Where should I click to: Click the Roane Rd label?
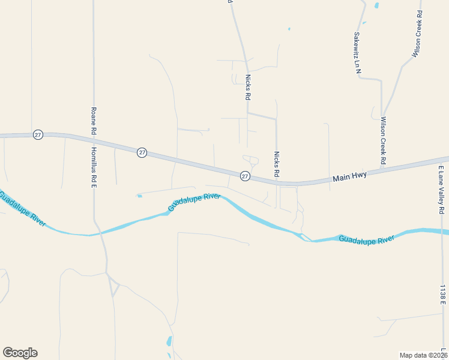coord(93,121)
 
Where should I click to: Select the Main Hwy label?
coord(350,177)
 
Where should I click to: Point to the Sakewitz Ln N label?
coord(357,53)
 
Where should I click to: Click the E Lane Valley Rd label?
coord(441,190)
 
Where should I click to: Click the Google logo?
coord(20,353)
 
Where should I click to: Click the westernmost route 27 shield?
coord(38,135)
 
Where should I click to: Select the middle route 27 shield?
coord(142,152)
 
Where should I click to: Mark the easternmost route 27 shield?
coord(245,176)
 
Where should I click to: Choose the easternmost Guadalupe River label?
coord(366,239)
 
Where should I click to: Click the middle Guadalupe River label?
coord(194,202)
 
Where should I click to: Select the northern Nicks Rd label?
coord(247,87)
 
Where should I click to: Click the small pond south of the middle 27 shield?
coord(139,196)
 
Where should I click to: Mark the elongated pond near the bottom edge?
coord(169,341)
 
